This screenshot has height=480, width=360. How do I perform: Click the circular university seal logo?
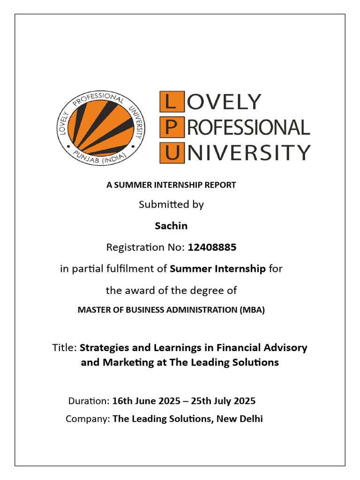coord(101,127)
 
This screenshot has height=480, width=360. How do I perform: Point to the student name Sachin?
coord(171,226)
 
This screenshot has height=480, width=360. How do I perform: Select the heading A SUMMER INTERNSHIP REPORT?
coord(171,185)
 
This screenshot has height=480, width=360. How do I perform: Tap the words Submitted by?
coord(171,205)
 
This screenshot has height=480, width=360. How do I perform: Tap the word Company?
coord(88,419)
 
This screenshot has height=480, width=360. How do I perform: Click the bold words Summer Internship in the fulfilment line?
coord(218,269)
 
